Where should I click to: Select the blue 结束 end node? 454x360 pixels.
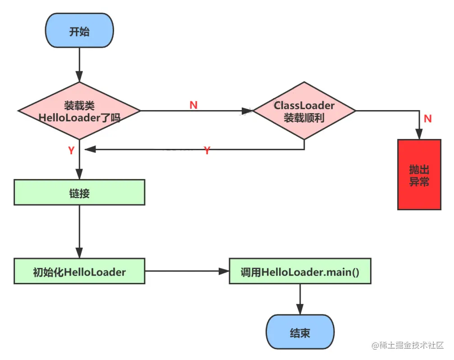300,332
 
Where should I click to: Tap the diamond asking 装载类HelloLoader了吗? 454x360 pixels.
79,111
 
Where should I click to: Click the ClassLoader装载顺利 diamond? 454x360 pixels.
304,111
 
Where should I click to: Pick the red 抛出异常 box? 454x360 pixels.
419,175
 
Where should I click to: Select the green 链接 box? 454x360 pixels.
79,193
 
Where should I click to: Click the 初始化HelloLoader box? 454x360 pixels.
79,271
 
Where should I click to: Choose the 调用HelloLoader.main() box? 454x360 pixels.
300,271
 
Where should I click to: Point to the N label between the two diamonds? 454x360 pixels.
193,105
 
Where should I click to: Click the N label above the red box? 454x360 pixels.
428,119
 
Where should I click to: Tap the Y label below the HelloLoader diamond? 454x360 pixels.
71,151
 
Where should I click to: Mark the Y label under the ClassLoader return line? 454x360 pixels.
207,151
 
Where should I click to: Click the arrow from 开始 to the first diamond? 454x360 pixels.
79,63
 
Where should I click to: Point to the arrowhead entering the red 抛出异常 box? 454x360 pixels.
419,134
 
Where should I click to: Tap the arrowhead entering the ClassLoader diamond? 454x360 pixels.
247,111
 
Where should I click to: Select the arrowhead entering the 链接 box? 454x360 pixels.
79,175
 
